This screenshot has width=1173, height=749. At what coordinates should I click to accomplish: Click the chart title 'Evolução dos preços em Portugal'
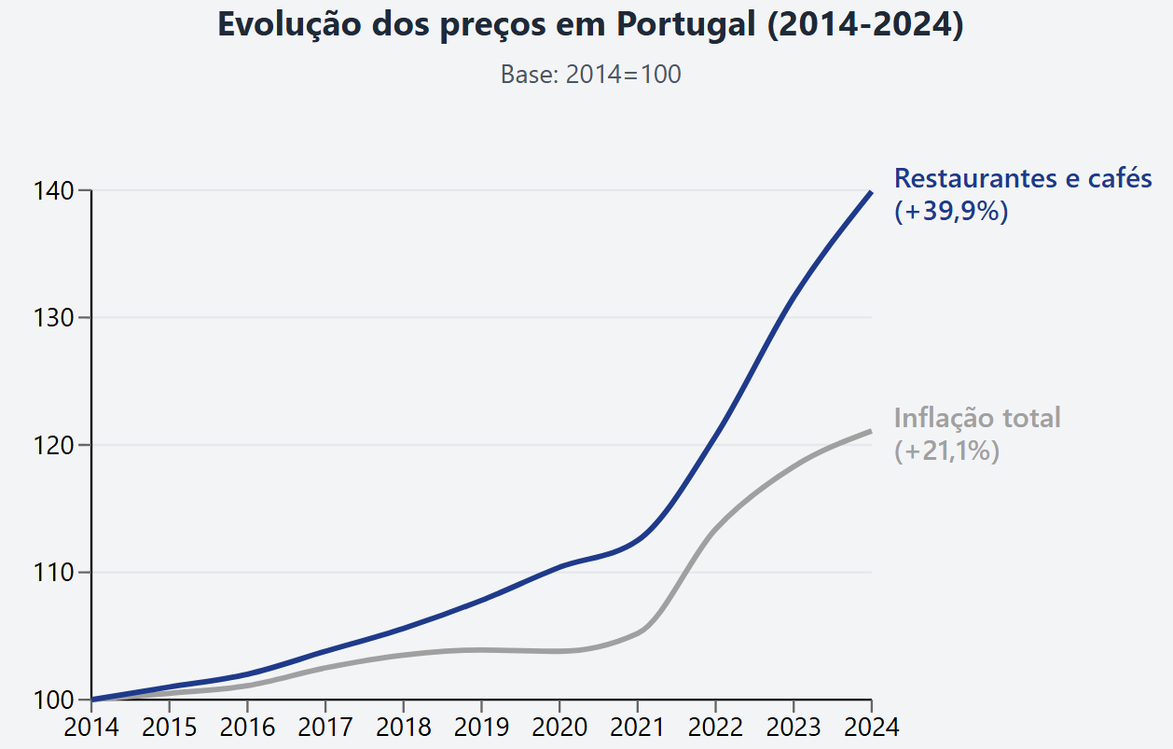[589, 25]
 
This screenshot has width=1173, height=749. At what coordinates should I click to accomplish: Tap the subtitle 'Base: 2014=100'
[590, 75]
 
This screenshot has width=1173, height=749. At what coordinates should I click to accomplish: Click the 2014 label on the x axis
[91, 727]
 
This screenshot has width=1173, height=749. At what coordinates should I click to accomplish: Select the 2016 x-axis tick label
[247, 727]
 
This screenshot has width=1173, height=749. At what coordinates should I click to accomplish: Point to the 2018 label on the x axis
[403, 727]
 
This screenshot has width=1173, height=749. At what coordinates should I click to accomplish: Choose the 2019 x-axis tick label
[481, 727]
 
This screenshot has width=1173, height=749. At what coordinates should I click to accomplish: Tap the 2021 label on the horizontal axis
[637, 727]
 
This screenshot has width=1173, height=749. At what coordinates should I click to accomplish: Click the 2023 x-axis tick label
[793, 727]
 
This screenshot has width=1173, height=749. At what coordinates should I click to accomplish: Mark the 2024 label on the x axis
[871, 727]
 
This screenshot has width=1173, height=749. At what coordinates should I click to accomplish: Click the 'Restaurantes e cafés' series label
[1023, 178]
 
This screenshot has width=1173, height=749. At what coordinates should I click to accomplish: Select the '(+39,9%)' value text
[951, 212]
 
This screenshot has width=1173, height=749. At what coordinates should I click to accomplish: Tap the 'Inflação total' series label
[977, 417]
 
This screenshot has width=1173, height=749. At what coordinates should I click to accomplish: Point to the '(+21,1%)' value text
[946, 451]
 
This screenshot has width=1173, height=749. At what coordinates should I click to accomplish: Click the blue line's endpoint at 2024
[871, 192]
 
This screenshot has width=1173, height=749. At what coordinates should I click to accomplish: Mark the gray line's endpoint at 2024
[871, 431]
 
